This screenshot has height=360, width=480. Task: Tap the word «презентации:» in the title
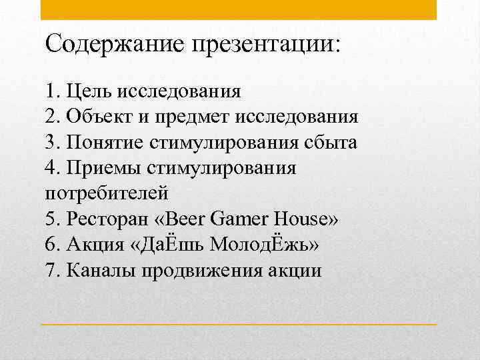[266, 45]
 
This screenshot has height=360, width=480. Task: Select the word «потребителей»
[106, 195]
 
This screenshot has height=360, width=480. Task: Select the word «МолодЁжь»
[265, 245]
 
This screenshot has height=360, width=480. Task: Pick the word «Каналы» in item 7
[101, 271]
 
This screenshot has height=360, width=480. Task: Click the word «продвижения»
[197, 271]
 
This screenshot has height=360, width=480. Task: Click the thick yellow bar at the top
[239, 9]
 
